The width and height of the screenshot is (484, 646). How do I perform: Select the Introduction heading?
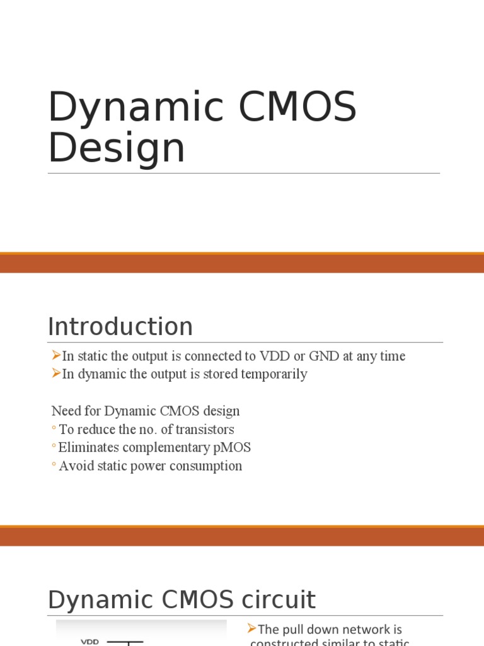[120, 327]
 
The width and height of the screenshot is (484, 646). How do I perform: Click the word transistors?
[205, 430]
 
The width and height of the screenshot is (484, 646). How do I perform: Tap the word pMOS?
[233, 448]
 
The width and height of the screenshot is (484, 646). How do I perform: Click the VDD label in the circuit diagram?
[89, 642]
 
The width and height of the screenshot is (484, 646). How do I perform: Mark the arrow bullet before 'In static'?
[56, 355]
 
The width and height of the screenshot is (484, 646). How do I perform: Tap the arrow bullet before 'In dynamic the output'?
[56, 373]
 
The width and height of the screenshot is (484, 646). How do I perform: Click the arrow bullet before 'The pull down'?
[252, 628]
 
